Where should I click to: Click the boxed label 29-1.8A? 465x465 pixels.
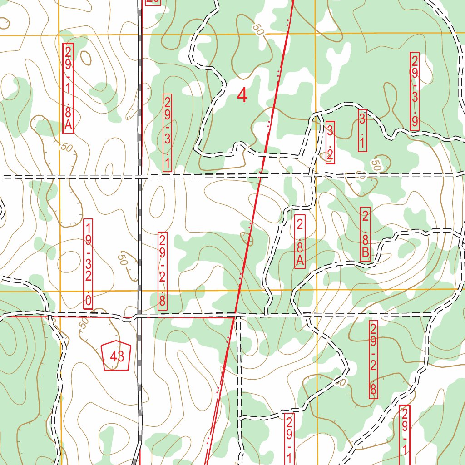pyautogui.click(x=68, y=88)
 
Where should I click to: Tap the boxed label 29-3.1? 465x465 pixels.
pyautogui.click(x=168, y=133)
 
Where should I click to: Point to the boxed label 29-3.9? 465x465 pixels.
pyautogui.click(x=415, y=92)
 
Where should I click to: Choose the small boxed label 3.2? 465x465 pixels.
pyautogui.click(x=330, y=143)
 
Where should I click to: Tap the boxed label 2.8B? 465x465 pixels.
pyautogui.click(x=365, y=234)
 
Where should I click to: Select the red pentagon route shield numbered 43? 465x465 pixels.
pyautogui.click(x=117, y=356)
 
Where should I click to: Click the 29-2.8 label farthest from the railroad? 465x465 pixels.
pyautogui.click(x=373, y=360)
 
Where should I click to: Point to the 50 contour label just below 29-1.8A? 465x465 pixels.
pyautogui.click(x=66, y=148)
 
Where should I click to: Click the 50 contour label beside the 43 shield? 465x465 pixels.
pyautogui.click(x=84, y=323)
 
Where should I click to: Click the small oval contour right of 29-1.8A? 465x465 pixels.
pyautogui.click(x=85, y=58)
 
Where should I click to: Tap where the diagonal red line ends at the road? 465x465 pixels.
pyautogui.click(x=234, y=314)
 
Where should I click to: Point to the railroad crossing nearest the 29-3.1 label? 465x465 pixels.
pyautogui.click(x=140, y=176)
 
